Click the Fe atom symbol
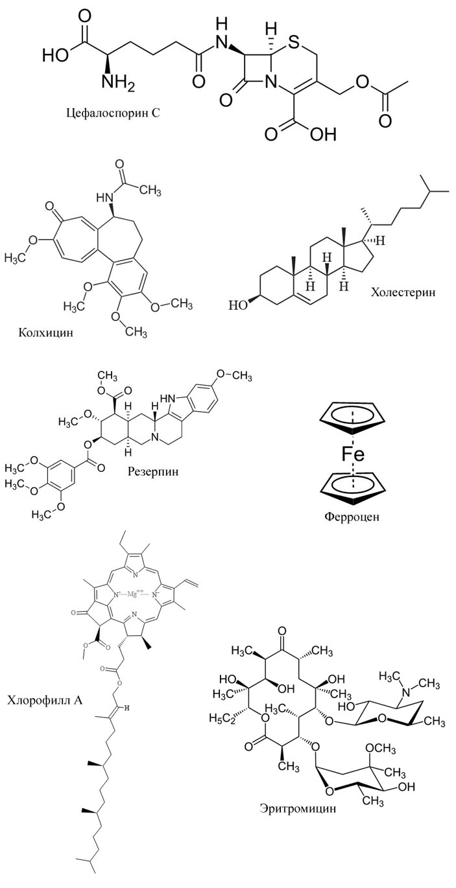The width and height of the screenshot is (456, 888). coord(354,454)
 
